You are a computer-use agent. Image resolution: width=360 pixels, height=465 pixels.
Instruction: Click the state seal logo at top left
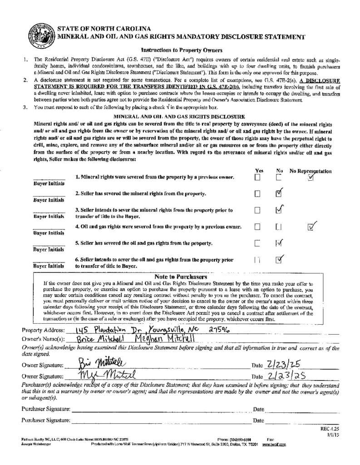pos(39,33)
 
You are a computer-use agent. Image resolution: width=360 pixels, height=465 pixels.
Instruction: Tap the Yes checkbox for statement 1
pos(257,178)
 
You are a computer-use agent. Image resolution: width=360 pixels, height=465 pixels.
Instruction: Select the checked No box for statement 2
pos(279,193)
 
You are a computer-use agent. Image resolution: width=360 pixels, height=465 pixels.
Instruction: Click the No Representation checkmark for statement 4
pos(311,226)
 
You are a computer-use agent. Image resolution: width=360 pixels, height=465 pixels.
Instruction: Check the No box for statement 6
pos(279,259)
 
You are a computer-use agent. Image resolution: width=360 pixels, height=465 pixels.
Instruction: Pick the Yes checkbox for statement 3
pos(257,210)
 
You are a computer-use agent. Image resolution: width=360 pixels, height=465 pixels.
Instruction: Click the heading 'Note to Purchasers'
pos(181,277)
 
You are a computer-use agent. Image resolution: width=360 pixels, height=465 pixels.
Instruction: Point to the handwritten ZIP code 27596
pos(220,330)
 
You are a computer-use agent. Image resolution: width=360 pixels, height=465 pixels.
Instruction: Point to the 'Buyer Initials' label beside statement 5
pos(49,249)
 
